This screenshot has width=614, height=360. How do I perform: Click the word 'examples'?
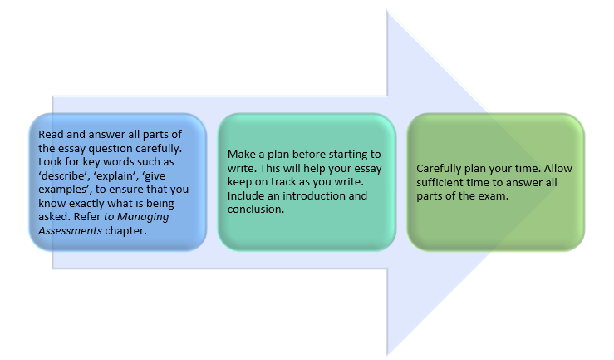pos(63,189)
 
